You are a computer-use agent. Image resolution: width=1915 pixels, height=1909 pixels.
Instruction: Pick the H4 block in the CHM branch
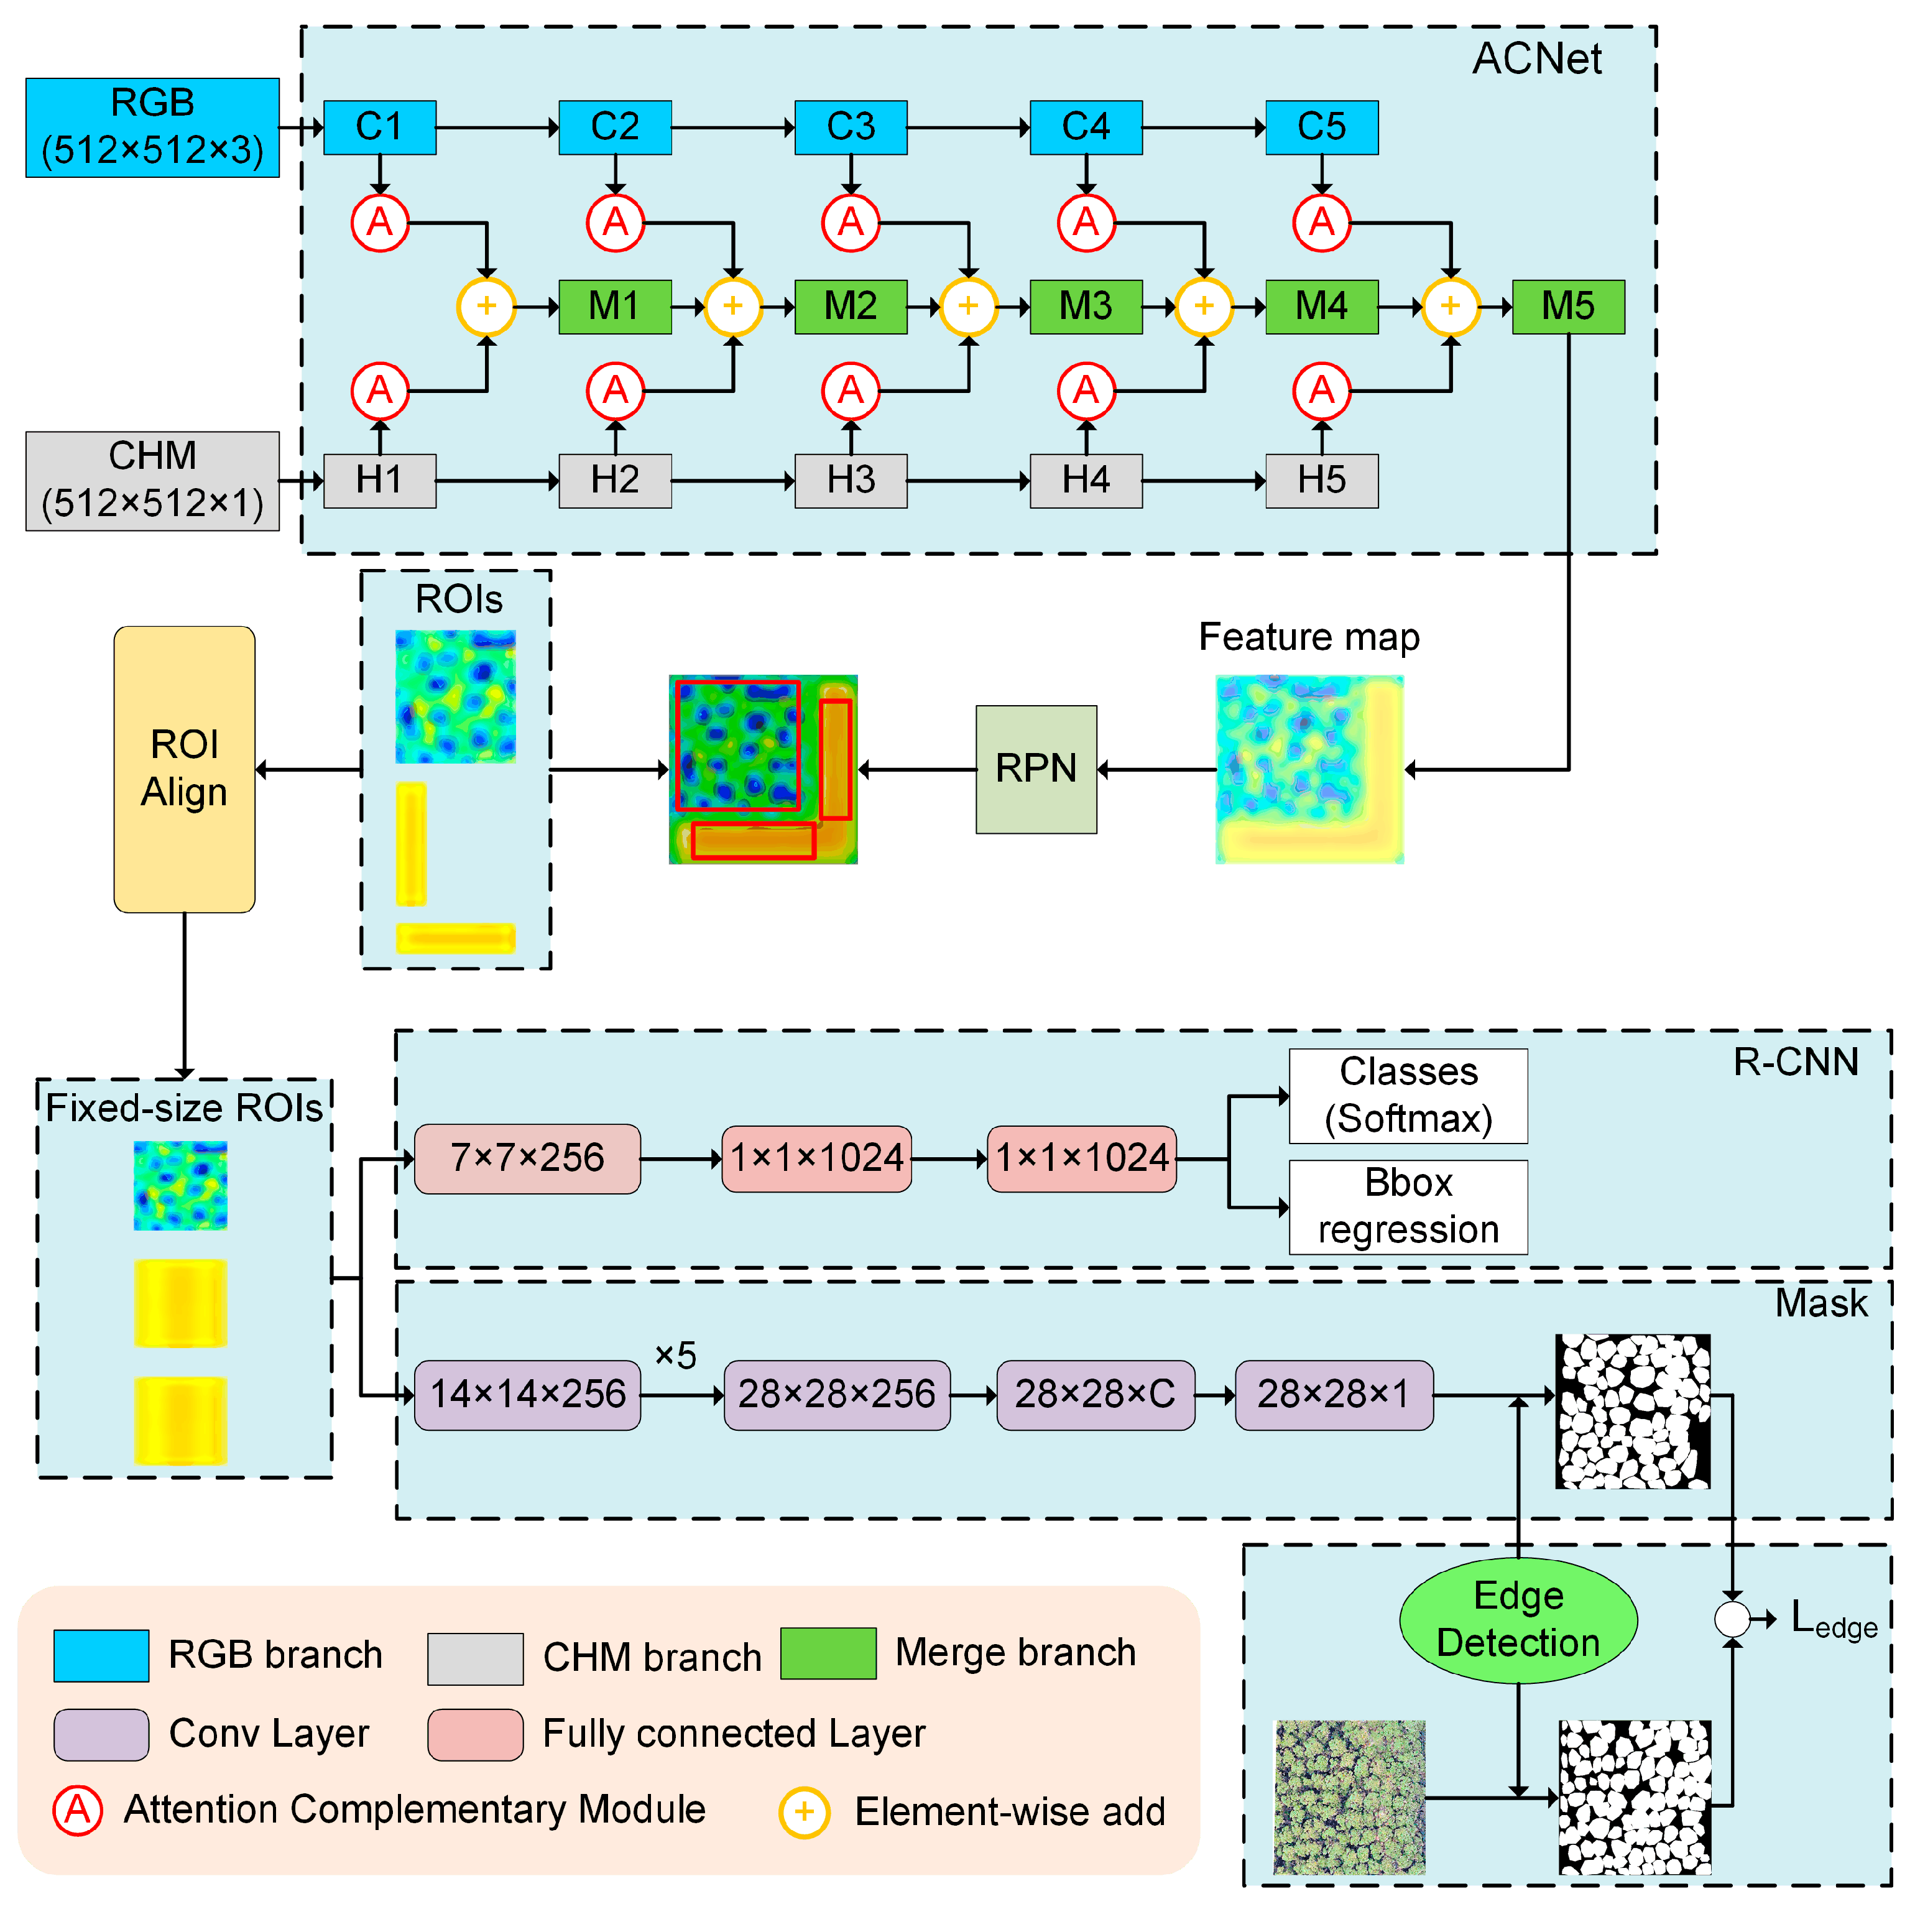click(x=1086, y=481)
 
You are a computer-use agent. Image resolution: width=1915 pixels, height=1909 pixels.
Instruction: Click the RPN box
click(x=1036, y=769)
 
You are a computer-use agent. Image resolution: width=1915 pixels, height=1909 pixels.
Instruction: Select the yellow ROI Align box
click(x=185, y=769)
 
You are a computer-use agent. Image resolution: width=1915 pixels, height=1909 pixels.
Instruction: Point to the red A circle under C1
click(x=380, y=223)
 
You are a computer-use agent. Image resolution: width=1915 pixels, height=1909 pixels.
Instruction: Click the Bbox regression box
click(x=1408, y=1206)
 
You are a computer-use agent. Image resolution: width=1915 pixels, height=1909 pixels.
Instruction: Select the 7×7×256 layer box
click(x=527, y=1158)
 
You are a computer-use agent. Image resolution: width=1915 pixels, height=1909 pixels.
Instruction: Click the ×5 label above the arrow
click(x=675, y=1355)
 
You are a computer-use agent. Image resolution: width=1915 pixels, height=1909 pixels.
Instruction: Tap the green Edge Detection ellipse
click(x=1518, y=1620)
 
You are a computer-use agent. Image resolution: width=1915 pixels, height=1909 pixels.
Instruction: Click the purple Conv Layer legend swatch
click(x=101, y=1734)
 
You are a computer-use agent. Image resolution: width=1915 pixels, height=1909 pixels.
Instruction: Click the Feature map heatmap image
click(x=1309, y=769)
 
